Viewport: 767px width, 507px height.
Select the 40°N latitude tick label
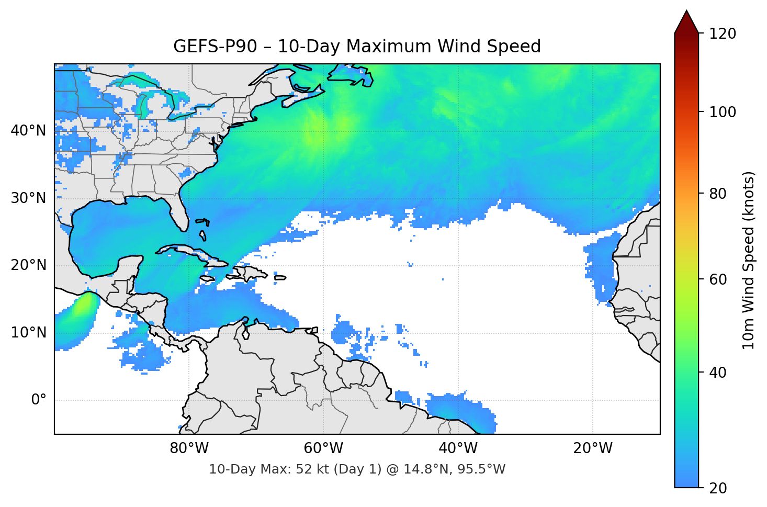point(28,130)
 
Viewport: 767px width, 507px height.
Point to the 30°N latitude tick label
point(28,198)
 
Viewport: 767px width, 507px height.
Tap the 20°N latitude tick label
point(28,265)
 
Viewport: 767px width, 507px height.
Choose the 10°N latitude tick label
point(28,333)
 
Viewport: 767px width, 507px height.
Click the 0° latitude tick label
point(39,400)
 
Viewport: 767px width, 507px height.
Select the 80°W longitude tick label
point(189,448)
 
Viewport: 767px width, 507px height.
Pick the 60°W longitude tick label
point(323,448)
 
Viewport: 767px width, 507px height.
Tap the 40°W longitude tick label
point(458,448)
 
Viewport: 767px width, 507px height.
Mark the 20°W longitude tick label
point(592,448)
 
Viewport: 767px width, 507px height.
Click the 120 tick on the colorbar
point(723,33)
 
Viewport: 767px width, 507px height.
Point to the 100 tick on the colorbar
point(723,112)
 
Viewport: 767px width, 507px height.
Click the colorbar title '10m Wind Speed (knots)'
point(749,261)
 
